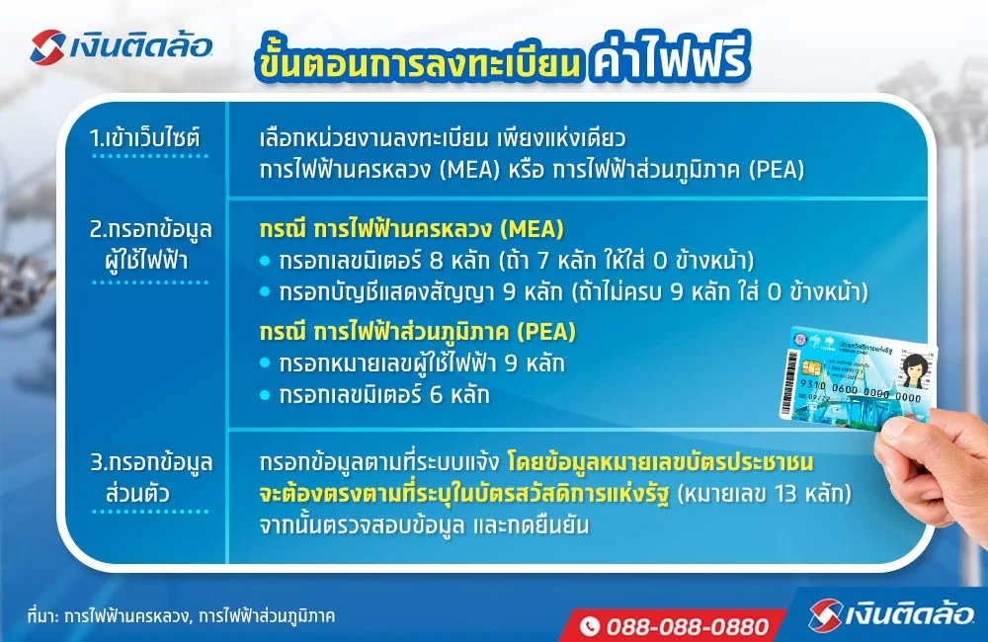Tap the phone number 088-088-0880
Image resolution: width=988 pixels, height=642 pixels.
(688, 626)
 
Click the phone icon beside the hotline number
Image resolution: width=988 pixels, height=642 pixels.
(590, 626)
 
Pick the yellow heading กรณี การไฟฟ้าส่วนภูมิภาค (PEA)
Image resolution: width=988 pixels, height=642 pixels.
(417, 330)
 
